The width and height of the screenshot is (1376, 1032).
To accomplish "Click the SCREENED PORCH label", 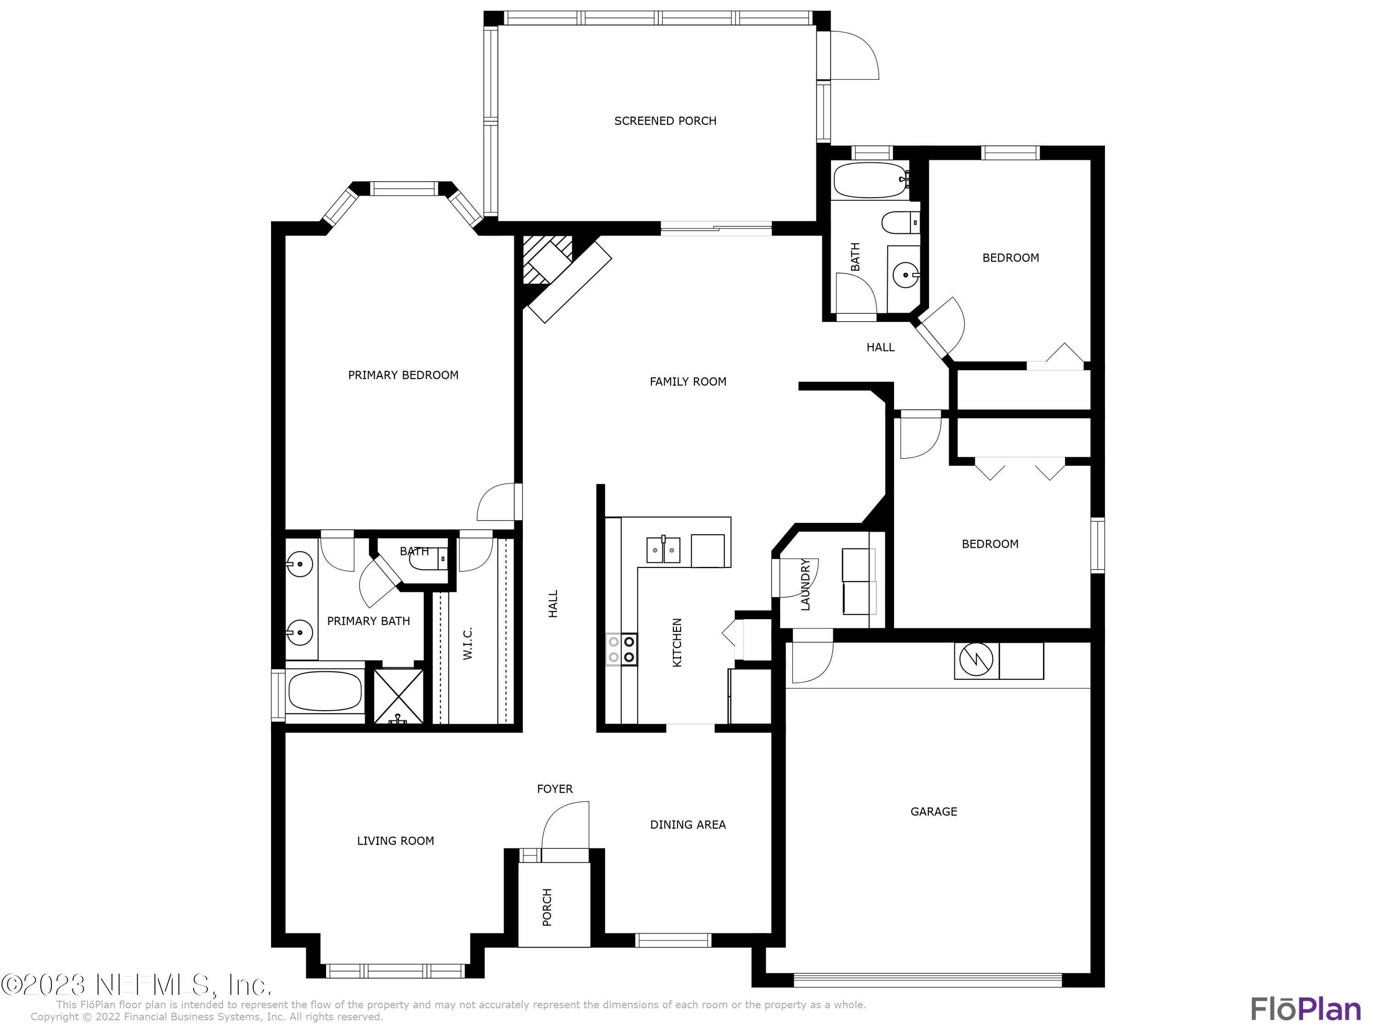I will [665, 121].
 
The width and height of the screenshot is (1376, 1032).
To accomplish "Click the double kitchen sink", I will [663, 550].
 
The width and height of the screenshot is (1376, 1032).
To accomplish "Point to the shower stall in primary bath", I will [398, 696].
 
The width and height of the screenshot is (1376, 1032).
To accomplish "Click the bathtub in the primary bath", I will [325, 692].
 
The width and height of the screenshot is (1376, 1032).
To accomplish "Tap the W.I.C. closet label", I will [468, 643].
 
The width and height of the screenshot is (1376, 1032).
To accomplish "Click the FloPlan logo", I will [1305, 1009].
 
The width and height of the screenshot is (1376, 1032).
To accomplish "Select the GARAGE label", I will [933, 811].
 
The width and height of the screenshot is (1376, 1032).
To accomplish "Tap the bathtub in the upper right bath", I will [869, 180].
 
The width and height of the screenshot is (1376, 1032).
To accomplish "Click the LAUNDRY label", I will [805, 584].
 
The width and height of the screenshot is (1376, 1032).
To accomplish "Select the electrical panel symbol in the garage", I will [977, 660].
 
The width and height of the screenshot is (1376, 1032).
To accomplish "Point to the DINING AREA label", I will [688, 824].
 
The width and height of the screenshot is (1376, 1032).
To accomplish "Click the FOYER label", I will [554, 789].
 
